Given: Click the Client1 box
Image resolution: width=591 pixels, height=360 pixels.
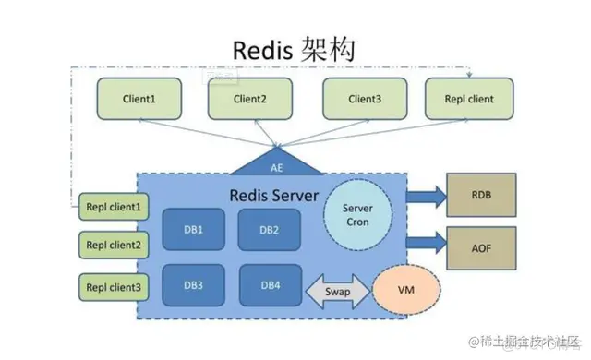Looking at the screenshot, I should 139,99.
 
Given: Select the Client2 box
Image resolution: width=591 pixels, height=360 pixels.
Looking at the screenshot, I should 249,99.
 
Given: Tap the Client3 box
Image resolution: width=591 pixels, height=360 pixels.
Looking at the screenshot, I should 360,99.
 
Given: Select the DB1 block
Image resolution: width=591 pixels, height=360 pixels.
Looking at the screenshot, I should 191,229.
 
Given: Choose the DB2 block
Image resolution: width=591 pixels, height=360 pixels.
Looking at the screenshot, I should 267,229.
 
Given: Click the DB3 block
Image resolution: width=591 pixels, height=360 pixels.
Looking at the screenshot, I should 191,285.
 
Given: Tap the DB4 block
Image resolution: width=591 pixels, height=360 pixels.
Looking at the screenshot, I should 267,285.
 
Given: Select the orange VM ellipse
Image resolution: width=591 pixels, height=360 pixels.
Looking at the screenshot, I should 404,290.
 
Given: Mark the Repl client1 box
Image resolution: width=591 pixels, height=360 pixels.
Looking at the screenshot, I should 113,207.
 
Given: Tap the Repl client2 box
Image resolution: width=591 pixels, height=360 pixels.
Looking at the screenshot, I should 113,246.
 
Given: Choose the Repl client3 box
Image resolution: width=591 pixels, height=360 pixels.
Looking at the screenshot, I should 113,287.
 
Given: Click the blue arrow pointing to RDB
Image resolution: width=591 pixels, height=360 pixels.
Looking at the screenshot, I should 425,195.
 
